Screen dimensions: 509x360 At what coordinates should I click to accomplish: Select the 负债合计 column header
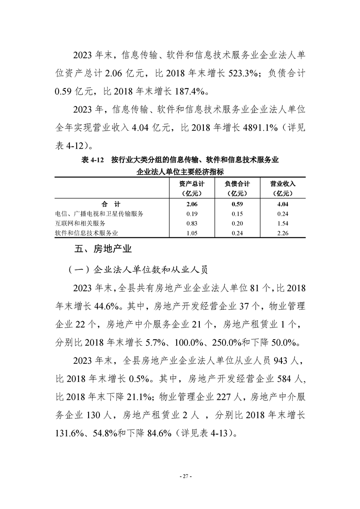[x=237, y=188]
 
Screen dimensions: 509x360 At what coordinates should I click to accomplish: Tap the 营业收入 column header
[x=282, y=188]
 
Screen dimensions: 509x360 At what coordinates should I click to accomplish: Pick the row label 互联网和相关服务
[x=80, y=223]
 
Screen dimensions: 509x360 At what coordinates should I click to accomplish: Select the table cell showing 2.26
[x=282, y=233]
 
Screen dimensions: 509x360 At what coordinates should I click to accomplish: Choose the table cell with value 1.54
[x=282, y=223]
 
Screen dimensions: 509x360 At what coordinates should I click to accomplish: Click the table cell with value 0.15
[x=237, y=214]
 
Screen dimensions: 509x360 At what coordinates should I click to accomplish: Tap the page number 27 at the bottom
[x=180, y=476]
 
